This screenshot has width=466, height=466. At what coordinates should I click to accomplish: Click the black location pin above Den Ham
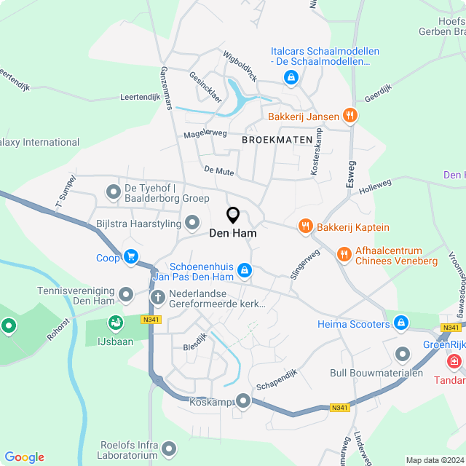pyautogui.click(x=233, y=216)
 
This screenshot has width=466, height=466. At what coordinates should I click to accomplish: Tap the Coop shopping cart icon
pyautogui.click(x=131, y=256)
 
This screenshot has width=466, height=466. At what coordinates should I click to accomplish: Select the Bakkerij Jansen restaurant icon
pyautogui.click(x=350, y=116)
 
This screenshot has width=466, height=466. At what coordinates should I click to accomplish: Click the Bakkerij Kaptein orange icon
pyautogui.click(x=305, y=227)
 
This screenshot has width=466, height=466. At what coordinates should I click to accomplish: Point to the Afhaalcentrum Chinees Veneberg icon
pyautogui.click(x=344, y=255)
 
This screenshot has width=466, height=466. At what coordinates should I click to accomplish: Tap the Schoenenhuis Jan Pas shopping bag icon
pyautogui.click(x=245, y=271)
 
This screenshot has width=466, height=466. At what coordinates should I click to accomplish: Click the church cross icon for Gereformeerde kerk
pyautogui.click(x=157, y=297)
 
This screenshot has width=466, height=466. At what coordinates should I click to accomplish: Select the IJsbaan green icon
pyautogui.click(x=115, y=322)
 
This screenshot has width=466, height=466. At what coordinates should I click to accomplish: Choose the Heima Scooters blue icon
pyautogui.click(x=400, y=323)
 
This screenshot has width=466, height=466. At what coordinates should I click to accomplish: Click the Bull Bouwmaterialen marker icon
pyautogui.click(x=403, y=354)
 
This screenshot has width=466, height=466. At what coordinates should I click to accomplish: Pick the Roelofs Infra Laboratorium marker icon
pyautogui.click(x=170, y=449)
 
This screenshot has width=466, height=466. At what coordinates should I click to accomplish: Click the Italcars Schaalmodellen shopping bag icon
pyautogui.click(x=291, y=76)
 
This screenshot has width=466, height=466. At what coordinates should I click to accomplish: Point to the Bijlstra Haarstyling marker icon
pyautogui.click(x=192, y=222)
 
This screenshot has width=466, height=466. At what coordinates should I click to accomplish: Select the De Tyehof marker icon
pyautogui.click(x=114, y=192)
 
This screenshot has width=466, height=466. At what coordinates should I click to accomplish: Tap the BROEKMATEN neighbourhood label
pyautogui.click(x=277, y=138)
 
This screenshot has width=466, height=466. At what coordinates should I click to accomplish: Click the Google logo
pyautogui.click(x=24, y=457)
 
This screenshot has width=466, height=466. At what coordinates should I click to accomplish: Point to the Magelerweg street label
pyautogui.click(x=205, y=133)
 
